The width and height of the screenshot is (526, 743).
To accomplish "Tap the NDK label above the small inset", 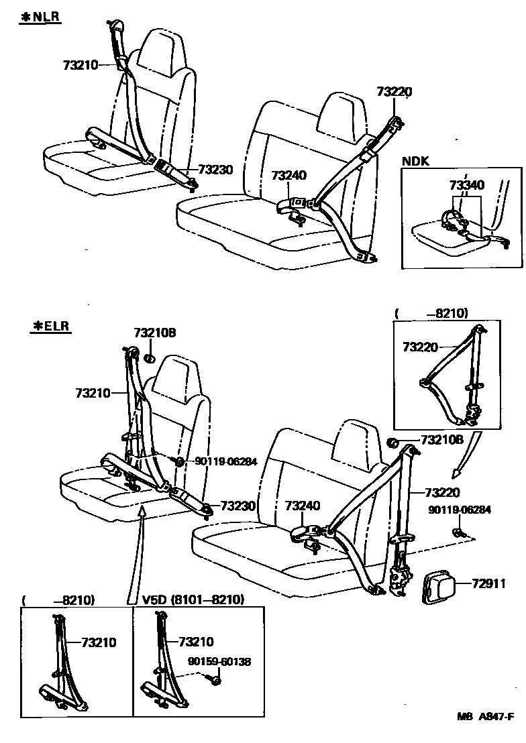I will click(415, 161).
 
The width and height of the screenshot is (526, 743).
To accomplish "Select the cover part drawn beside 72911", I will click(439, 586).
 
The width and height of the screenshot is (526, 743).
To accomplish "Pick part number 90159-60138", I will click(219, 661).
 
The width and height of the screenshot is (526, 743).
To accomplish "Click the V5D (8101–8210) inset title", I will click(193, 599).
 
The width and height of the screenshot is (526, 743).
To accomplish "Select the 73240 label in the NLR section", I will click(288, 175).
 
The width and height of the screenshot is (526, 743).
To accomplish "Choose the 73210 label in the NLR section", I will click(81, 65).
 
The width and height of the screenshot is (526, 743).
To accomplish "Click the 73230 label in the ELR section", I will click(238, 506).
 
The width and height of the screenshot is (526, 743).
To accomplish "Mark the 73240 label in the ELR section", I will click(303, 506).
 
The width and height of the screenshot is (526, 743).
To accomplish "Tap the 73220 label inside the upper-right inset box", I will click(421, 347).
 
